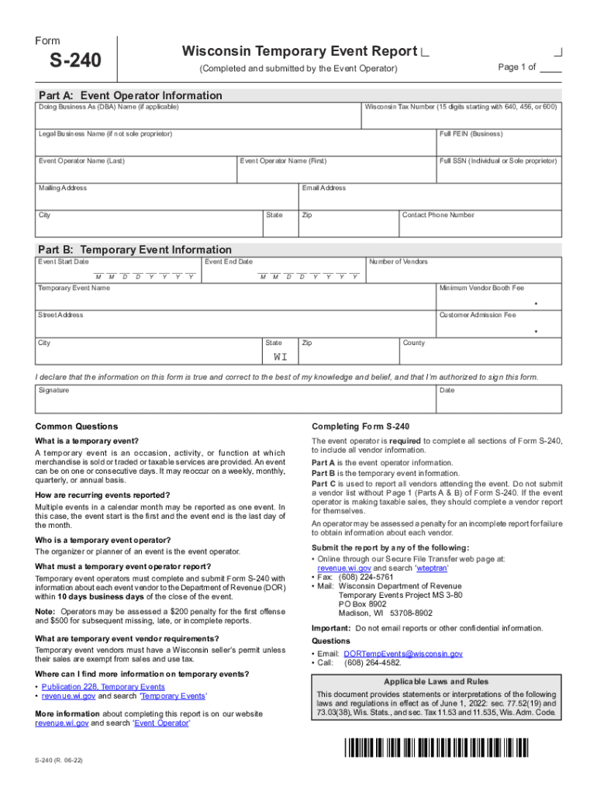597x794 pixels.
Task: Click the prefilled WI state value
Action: tap(280, 357)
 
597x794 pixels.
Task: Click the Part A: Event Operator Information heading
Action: tap(129, 95)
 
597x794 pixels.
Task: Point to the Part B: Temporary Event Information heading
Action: tap(134, 250)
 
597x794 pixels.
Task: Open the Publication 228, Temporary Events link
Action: tap(103, 687)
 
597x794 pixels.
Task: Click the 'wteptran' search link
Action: tap(409, 568)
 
